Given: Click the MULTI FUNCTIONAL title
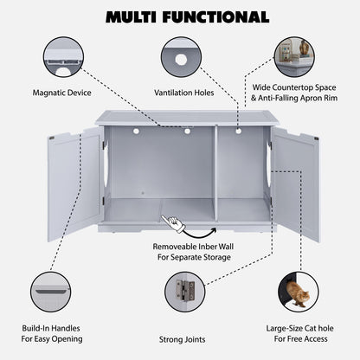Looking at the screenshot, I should click(180, 16).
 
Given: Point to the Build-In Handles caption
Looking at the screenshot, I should click(60, 334).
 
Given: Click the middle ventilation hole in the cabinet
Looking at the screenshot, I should click(187, 132).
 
